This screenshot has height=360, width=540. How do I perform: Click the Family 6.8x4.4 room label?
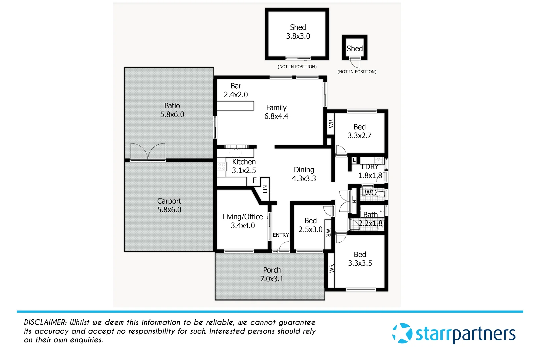[x=276, y=112]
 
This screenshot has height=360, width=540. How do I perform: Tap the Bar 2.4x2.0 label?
[x=236, y=90]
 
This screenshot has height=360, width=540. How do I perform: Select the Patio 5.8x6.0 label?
[x=172, y=110]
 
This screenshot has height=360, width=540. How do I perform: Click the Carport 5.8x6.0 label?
[x=169, y=205]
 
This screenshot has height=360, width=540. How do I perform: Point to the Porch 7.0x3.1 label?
[x=272, y=274]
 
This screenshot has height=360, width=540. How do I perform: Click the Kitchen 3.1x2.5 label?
[x=244, y=166]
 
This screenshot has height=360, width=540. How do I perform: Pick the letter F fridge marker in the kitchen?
[x=255, y=180]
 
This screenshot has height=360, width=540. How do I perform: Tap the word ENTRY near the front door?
[x=281, y=235]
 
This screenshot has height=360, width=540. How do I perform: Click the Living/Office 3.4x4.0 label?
[x=243, y=221]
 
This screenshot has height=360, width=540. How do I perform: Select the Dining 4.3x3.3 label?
[x=304, y=174]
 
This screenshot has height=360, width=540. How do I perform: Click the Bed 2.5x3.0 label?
[x=310, y=225]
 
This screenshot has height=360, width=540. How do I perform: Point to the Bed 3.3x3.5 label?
[x=360, y=259]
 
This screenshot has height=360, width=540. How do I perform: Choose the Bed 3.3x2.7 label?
[x=359, y=131]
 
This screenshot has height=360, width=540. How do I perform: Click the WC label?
[x=370, y=193]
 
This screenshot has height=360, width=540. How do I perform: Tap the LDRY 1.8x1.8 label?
[x=370, y=171]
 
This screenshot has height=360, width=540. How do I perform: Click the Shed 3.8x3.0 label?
[x=298, y=32]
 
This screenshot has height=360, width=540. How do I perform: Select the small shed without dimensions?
[x=355, y=49]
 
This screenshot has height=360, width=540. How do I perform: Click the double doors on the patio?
[x=148, y=152]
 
